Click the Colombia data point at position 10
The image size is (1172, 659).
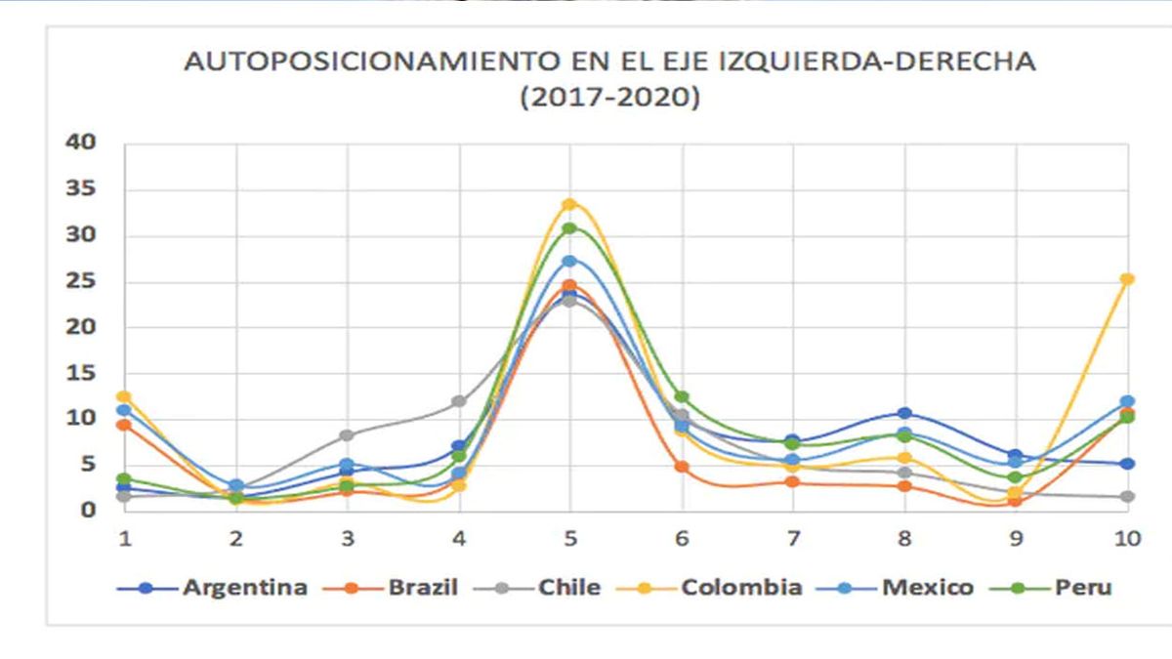1127,279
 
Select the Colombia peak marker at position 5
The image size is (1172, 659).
569,204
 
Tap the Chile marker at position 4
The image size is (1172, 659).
458,401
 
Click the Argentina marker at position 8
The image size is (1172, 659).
904,413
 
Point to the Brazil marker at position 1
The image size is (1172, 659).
124,425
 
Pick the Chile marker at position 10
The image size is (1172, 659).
1127,497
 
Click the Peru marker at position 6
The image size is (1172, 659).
682,396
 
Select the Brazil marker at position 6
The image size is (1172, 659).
682,467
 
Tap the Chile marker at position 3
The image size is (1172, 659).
347,435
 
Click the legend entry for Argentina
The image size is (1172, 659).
244,588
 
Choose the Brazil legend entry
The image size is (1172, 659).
422,588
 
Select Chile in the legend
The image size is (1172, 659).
568,588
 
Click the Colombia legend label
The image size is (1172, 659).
741,588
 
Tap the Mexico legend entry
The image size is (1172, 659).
927,588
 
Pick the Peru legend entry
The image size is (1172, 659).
1082,588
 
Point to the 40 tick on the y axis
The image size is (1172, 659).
82,143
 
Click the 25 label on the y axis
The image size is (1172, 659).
82,281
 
